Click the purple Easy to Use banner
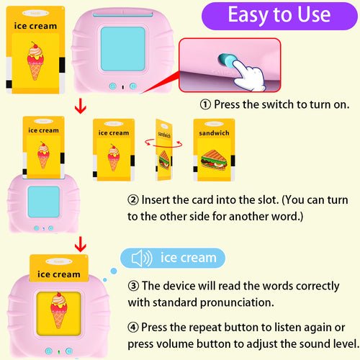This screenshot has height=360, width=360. [279, 15]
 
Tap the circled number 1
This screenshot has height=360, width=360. [205, 104]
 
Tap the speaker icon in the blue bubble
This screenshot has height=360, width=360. [142, 258]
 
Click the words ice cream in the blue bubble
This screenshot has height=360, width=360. [188, 258]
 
